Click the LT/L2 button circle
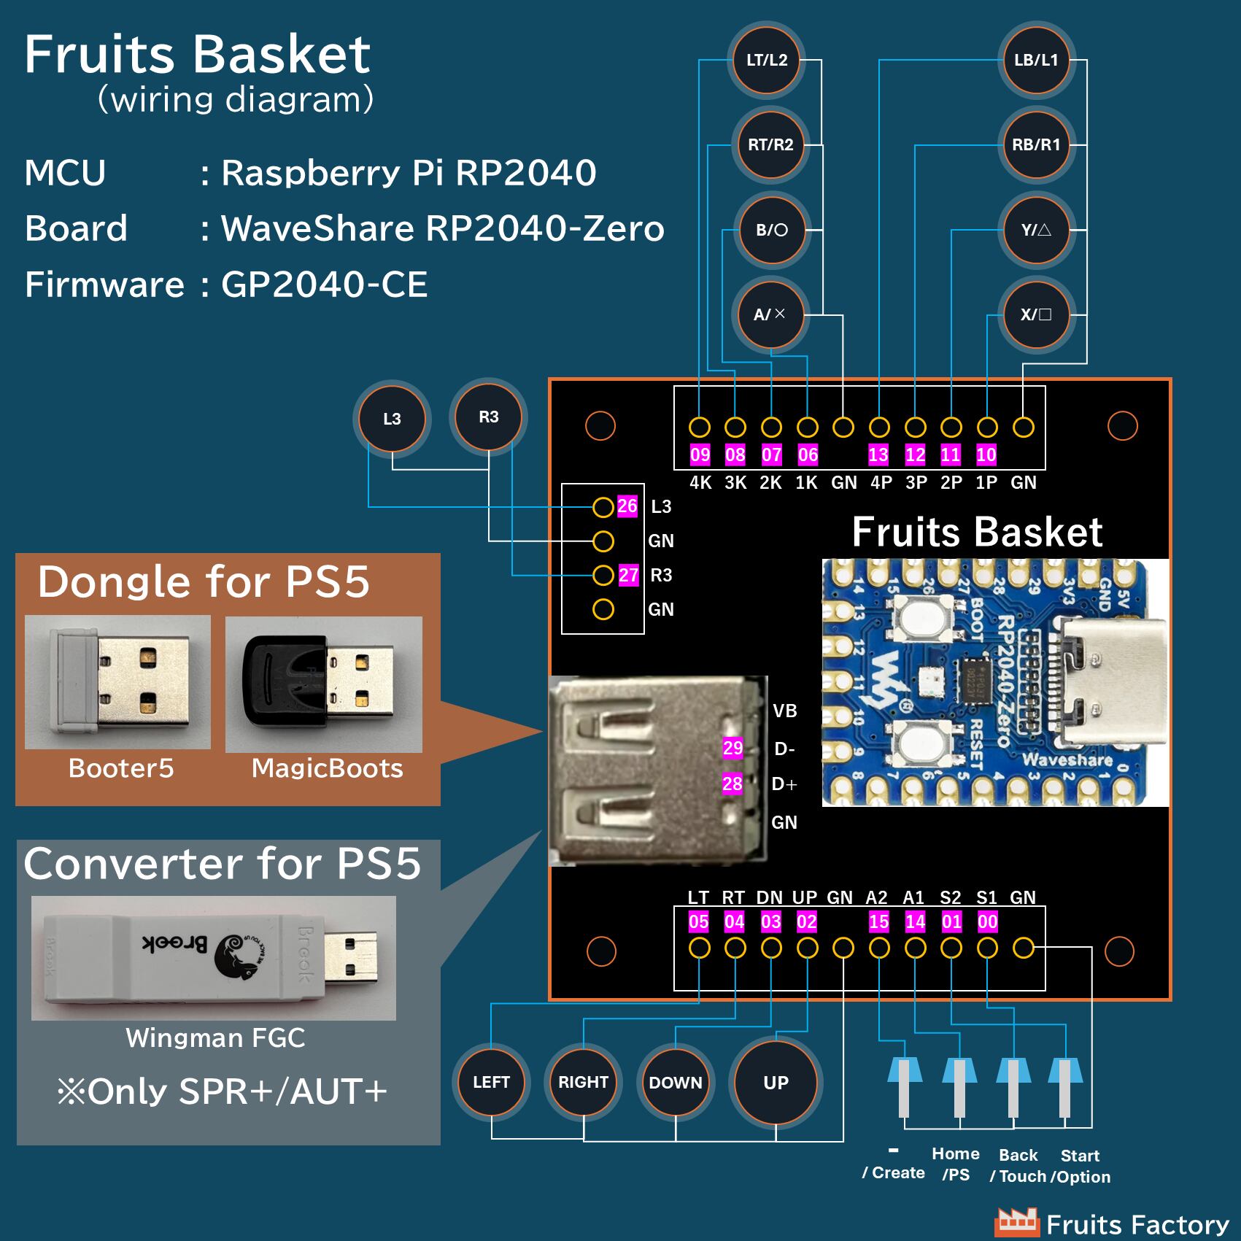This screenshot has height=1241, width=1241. coord(766,61)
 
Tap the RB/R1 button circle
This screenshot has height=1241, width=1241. coord(1036,144)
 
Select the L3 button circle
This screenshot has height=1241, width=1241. coord(392,419)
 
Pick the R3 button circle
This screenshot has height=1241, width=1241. coord(488,417)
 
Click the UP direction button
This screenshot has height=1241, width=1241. coord(776,1083)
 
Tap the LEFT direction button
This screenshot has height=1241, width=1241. coord(491,1082)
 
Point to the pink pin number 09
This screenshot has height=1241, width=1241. coord(700,455)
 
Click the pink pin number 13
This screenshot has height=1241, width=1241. coord(878,455)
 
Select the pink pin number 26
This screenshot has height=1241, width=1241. coord(627,506)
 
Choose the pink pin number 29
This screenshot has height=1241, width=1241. coord(732,748)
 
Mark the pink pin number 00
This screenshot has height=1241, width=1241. coord(987,922)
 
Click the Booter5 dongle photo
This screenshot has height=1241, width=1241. coord(118,682)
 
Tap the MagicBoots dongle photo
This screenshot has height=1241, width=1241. coord(324,684)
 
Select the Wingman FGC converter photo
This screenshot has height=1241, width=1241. coord(214,957)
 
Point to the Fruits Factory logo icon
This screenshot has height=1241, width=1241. coord(1016,1221)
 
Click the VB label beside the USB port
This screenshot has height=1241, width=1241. coord(785,711)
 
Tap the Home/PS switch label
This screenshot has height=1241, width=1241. coord(956,1164)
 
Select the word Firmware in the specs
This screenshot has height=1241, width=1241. coord(104,285)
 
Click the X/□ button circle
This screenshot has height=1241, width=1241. coord(1036,315)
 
